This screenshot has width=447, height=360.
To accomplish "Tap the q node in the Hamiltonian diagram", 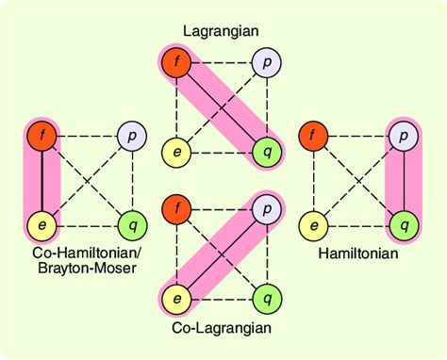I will [x=403, y=225].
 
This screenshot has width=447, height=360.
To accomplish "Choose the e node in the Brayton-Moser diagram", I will [x=41, y=225].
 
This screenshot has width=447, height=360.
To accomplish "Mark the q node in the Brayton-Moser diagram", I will [x=129, y=225].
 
